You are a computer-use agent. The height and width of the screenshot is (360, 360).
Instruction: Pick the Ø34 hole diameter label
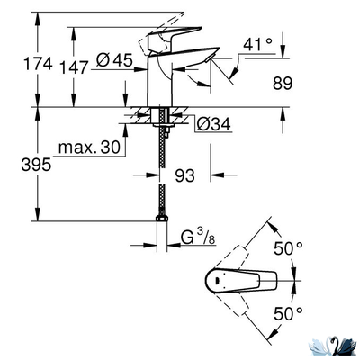pos(213,123)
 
